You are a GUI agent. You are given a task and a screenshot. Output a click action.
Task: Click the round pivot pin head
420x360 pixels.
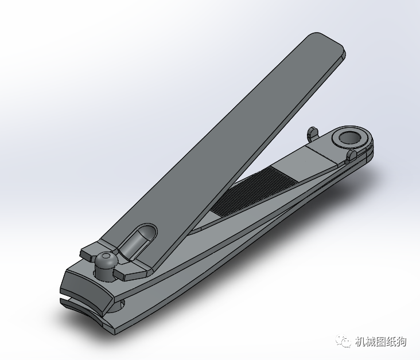coord(105,263)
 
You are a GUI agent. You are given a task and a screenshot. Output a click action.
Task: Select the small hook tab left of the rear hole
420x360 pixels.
coord(312,133)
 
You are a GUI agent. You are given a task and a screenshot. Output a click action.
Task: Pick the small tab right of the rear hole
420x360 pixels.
coord(351,155)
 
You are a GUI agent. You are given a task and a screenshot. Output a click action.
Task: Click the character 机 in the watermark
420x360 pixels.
coord(360,342)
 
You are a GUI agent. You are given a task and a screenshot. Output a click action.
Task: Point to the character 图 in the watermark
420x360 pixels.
coord(380,342)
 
